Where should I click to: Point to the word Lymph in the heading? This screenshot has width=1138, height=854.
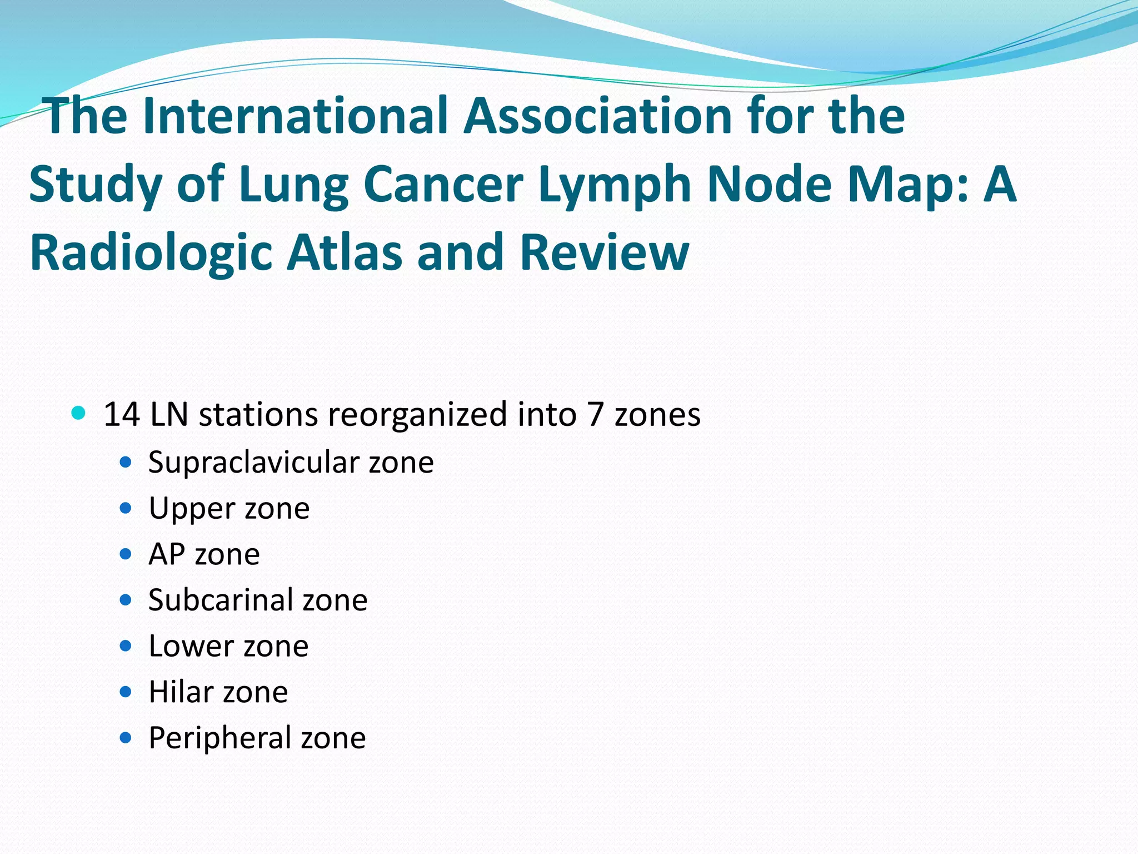pos(615,185)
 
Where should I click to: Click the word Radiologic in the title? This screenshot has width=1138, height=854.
pos(151,253)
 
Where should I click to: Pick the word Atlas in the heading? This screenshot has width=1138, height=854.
pos(344,253)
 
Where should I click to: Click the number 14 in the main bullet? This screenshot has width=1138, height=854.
pos(121,414)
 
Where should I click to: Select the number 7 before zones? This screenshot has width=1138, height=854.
pos(595,414)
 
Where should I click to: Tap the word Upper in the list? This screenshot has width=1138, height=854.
pos(192,508)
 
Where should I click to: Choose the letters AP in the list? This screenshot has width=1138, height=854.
pos(166,554)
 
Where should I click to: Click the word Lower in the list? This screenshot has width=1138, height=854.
pos(191,646)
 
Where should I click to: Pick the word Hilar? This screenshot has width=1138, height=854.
pos(181,692)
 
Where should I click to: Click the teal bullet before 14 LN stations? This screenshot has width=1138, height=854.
pos(79,413)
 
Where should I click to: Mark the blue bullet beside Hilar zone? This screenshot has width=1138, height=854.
pos(126,692)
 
